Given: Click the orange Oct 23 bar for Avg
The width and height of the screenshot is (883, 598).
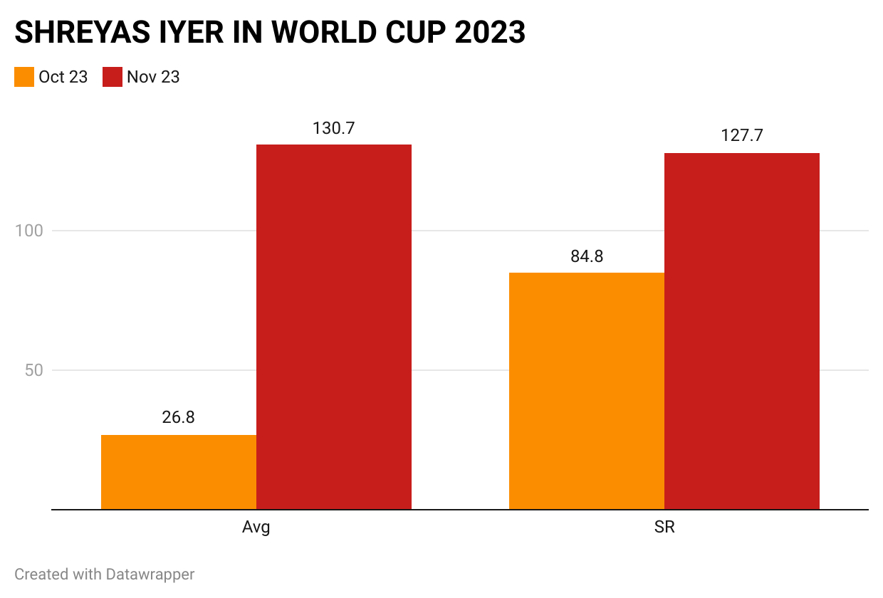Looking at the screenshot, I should point(179,472).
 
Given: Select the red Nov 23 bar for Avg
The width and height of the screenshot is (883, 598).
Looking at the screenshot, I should point(334,327).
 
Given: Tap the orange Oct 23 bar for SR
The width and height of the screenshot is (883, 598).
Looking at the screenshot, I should point(587,391).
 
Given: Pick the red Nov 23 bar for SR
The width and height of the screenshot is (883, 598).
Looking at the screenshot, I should point(742,331).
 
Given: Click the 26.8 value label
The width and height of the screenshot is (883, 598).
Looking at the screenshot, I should point(178,418).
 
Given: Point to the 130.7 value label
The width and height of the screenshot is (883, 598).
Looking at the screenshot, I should point(333,128).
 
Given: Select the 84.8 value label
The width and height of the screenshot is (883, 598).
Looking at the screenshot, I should point(587,256).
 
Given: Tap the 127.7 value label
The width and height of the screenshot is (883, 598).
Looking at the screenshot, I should point(741,136).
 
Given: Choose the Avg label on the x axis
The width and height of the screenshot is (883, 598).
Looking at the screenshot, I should point(256,529).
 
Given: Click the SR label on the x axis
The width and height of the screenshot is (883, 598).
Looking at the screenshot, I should point(664,529).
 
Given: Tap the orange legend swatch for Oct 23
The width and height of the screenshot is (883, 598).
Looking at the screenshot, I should point(24,77).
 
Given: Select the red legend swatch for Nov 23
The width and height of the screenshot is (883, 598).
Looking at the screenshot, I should point(113,77).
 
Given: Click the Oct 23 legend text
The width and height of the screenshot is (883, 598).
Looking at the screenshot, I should point(63,77).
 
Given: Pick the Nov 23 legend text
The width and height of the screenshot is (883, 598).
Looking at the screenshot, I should point(153,77).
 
